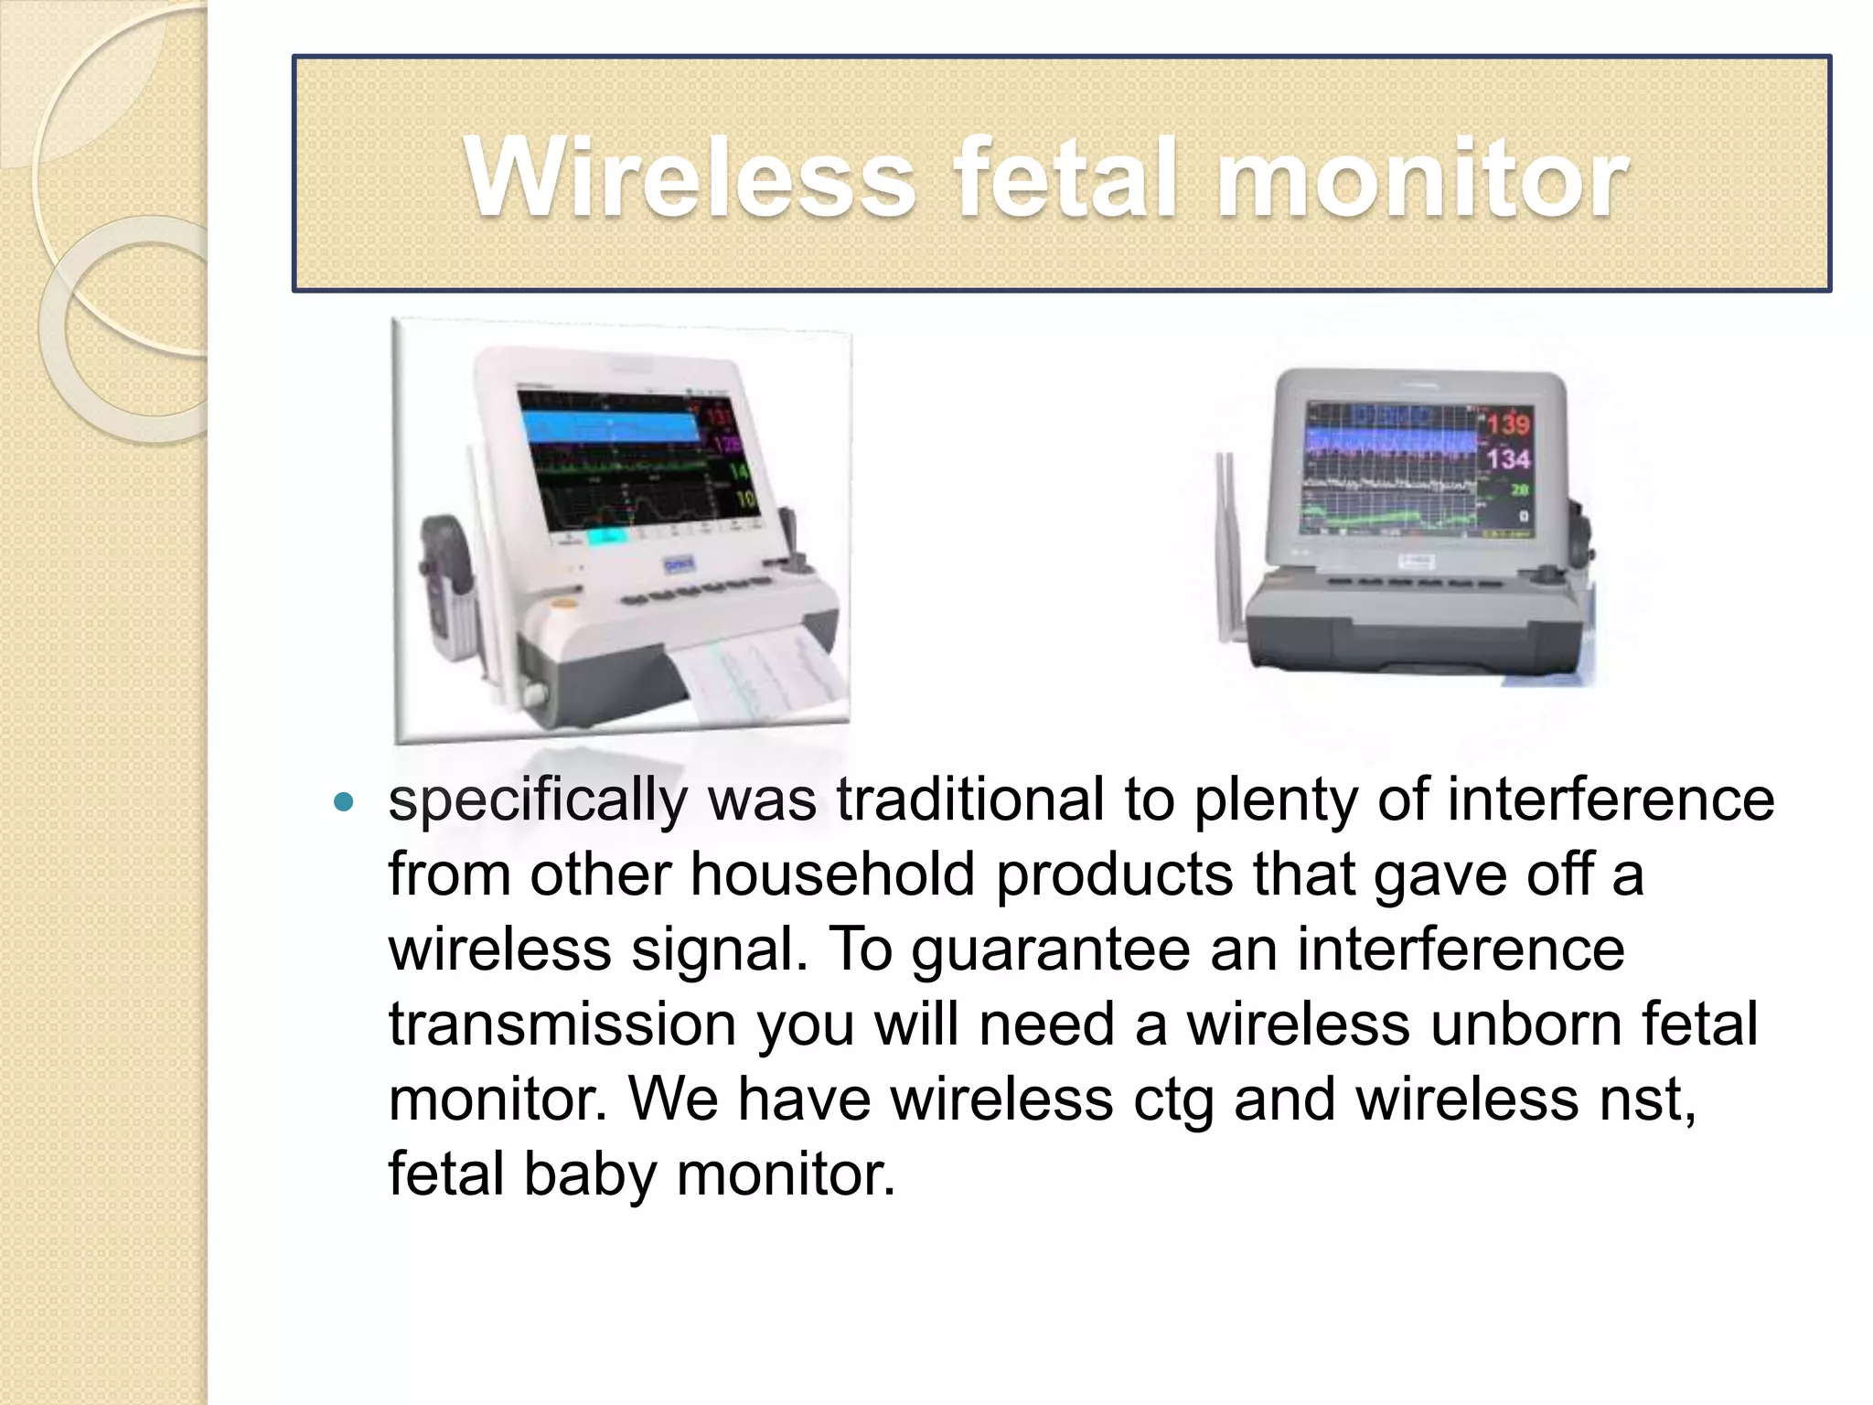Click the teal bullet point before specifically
(344, 803)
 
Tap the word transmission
(562, 1024)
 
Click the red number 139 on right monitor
(1507, 424)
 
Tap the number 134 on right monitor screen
(1507, 457)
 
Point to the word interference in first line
(1610, 799)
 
